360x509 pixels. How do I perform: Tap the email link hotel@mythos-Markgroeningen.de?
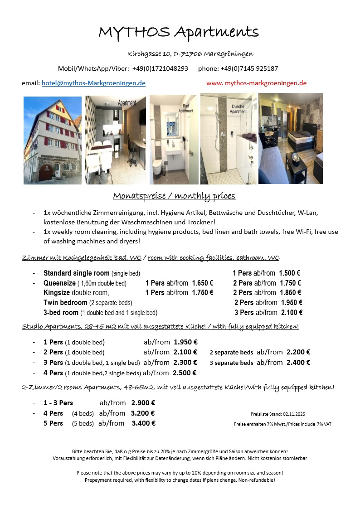coord(93,83)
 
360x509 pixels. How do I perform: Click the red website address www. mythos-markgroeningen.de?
coord(256,83)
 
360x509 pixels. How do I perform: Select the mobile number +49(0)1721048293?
coord(160,68)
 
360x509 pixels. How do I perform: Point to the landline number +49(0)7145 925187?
coord(249,68)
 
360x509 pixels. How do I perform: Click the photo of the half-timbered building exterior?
coord(53,140)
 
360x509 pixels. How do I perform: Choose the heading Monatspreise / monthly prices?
coord(174,196)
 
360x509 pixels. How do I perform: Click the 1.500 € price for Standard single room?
coord(290,273)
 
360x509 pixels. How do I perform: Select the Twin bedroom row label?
coord(65,302)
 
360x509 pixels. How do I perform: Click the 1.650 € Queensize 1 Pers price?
coord(202,283)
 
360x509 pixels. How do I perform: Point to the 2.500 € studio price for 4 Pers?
coord(185,373)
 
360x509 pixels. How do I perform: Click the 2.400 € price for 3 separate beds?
coord(298,362)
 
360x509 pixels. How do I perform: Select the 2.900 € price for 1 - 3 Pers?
coord(143,402)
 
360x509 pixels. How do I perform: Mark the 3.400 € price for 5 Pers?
coord(144,423)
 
